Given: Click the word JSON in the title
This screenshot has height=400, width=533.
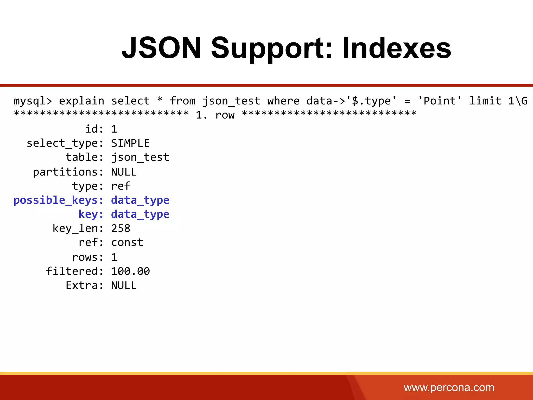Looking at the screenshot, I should tap(161, 48).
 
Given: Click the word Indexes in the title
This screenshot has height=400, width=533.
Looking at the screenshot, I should tap(397, 48).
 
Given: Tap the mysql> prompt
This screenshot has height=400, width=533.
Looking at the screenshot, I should tap(33, 101).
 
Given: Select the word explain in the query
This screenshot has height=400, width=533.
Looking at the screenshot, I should tap(81, 101).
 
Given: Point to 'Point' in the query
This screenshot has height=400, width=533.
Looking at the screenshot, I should tap(440, 101).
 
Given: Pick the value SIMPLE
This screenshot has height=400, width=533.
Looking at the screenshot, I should tap(130, 143).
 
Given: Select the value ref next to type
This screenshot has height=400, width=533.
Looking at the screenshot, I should tap(120, 186).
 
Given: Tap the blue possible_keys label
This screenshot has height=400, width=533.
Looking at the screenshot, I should tap(59, 200).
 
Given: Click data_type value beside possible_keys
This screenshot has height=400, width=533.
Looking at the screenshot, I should tap(140, 200).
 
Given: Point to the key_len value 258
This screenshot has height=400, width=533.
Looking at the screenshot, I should tap(120, 228).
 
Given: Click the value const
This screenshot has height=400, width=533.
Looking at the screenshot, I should tap(127, 242).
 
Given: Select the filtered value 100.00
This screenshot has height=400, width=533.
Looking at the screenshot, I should tap(130, 271).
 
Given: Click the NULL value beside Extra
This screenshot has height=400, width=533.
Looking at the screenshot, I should tap(124, 285).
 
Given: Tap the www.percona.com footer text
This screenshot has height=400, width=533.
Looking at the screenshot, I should tap(449, 387).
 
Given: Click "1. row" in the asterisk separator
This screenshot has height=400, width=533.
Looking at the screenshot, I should tap(215, 115).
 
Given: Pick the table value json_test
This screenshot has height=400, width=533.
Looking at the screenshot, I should tap(140, 157).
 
